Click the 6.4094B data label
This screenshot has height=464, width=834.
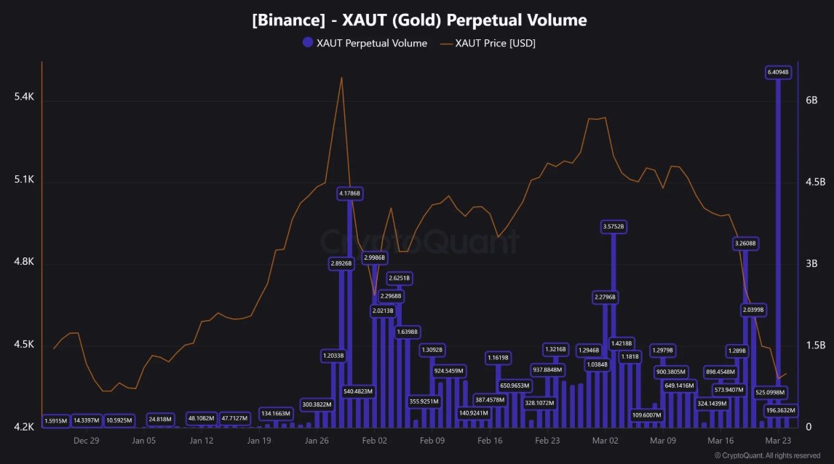pos(778,73)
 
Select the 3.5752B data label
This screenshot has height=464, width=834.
pos(613,227)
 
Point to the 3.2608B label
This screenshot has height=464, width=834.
pos(745,244)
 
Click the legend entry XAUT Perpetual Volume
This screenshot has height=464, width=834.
pos(365,44)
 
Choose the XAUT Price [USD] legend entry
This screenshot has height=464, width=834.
pos(488,44)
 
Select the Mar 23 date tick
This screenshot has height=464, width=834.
pos(777,441)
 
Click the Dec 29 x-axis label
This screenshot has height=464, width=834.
pos(86,441)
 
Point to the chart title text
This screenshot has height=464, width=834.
pos(419,20)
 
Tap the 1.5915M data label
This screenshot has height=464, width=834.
pos(55,420)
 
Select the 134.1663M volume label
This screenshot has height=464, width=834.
pos(277,413)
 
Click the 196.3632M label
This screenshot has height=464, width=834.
pos(780,410)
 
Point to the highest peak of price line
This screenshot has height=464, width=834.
pos(341,77)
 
